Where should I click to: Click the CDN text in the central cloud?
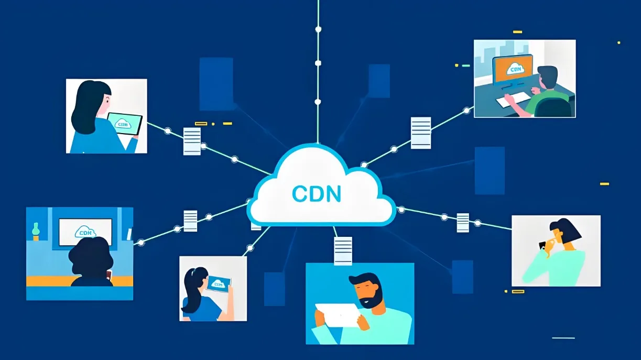click(x=317, y=194)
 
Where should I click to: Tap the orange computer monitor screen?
click(x=513, y=70)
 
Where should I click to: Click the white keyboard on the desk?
click(x=513, y=100)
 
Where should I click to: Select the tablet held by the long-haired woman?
click(x=125, y=124)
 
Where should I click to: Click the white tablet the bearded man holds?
click(x=337, y=315)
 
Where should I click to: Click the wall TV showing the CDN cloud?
click(x=85, y=232)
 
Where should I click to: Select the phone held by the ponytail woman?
click(x=219, y=283)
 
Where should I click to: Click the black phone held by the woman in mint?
click(x=542, y=245)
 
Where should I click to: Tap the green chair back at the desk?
click(x=553, y=107)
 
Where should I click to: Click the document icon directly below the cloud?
click(x=343, y=250)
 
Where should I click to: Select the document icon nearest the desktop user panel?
click(x=421, y=133)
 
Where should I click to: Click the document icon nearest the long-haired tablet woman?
click(x=192, y=141)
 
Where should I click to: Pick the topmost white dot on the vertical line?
click(x=318, y=29)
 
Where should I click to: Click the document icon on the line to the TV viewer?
click(x=190, y=221)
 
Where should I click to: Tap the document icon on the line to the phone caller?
click(x=463, y=223)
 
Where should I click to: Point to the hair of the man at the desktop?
click(x=547, y=74)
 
